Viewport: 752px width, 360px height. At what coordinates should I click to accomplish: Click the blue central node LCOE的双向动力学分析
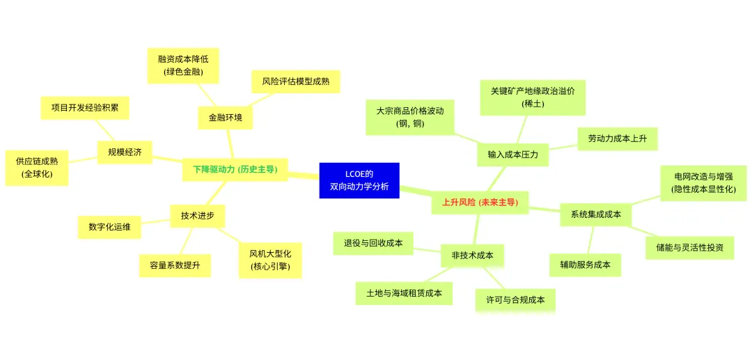click(359, 180)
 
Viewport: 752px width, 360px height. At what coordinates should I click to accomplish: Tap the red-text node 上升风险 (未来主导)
click(480, 202)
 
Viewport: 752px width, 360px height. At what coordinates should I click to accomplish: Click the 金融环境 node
click(225, 118)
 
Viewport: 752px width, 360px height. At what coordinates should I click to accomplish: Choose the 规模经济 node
click(125, 152)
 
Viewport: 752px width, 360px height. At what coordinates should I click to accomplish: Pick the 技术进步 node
click(198, 215)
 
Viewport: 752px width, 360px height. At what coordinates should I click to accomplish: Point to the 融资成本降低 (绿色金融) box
click(183, 65)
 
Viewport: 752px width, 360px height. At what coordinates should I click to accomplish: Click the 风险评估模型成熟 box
click(296, 81)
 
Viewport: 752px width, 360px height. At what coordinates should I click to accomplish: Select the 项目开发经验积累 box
click(85, 107)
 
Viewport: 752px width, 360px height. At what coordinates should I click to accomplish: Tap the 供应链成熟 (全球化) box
click(37, 167)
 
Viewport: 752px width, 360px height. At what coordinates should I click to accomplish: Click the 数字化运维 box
click(109, 226)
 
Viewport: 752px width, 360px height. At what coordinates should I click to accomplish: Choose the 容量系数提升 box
click(175, 265)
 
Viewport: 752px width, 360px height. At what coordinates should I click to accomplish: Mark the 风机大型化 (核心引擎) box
click(270, 260)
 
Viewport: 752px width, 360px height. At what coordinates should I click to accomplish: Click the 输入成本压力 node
click(513, 155)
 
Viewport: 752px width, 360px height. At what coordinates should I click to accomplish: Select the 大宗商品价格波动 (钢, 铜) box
click(410, 117)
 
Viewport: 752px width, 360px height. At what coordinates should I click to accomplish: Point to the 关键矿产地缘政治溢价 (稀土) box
click(533, 97)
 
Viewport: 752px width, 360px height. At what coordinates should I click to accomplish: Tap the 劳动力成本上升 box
click(617, 139)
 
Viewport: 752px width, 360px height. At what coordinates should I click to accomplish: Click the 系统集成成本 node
click(595, 214)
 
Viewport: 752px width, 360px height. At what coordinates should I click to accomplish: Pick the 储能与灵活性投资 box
click(689, 246)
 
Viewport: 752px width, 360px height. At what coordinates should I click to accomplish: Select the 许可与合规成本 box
click(515, 300)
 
